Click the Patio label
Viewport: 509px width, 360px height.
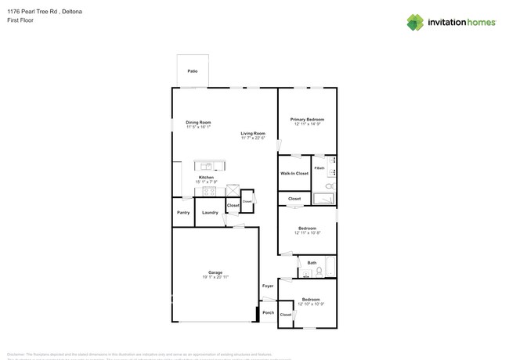(x=192, y=71)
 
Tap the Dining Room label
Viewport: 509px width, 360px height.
(x=198, y=122)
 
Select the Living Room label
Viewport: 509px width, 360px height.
(x=253, y=133)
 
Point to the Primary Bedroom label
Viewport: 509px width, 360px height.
(x=308, y=119)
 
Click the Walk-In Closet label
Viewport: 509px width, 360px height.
(x=294, y=173)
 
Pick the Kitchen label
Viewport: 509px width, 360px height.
(x=206, y=178)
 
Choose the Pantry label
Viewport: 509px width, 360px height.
(x=183, y=212)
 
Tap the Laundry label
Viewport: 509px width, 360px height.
(x=210, y=212)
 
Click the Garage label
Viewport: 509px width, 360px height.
(x=215, y=272)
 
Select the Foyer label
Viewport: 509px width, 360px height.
(x=268, y=286)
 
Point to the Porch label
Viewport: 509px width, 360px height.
(x=268, y=313)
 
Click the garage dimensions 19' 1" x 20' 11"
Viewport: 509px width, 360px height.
(x=215, y=277)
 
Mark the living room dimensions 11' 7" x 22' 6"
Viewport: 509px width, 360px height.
(x=253, y=138)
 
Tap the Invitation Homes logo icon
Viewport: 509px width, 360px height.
(x=415, y=22)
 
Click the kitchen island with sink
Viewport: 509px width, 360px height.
(x=209, y=166)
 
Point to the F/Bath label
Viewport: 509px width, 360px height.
(x=319, y=168)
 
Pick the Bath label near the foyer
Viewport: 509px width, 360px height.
(x=312, y=263)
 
